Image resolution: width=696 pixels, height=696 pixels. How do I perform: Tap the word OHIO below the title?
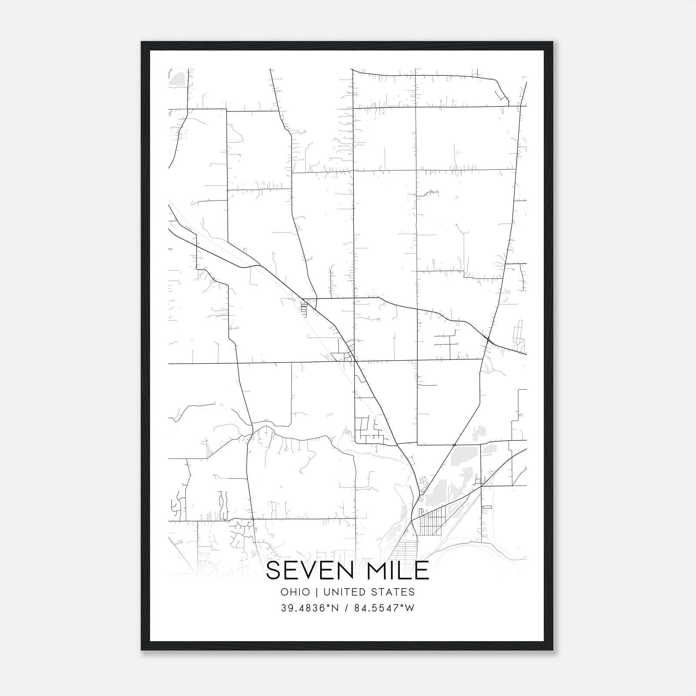tap(295, 592)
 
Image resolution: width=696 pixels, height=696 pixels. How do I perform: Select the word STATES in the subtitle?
tap(395, 592)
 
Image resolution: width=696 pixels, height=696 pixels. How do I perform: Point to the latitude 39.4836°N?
tap(310, 608)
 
